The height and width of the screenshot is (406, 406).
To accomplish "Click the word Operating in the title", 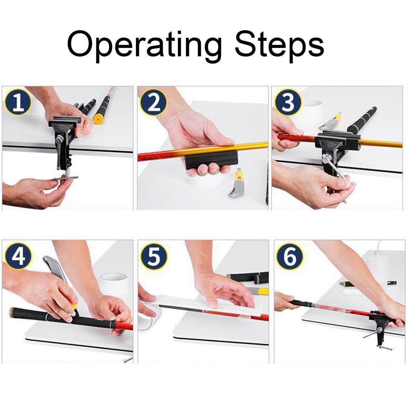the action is coord(144,45).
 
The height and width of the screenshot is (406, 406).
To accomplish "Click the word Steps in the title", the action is coord(279,45).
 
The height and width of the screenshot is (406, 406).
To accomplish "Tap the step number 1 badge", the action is coord(17,103).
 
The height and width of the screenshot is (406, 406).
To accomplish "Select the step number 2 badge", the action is coord(153,103).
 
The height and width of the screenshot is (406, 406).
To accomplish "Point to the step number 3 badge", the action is coord(288,103).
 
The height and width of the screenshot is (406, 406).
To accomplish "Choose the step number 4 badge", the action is coord(18,256).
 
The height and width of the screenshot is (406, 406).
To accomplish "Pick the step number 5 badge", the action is coord(154,256).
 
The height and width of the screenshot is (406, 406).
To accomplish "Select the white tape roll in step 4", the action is coord(114,284).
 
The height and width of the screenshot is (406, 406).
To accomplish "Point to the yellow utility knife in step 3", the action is coord(331,121).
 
